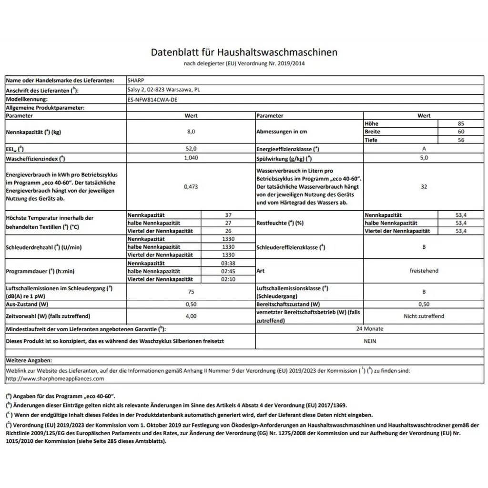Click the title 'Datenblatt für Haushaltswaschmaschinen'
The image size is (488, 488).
[x=244, y=52]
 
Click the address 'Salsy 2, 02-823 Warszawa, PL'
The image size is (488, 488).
[x=163, y=90]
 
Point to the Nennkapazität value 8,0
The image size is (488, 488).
[x=191, y=132]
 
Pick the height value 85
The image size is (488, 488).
[x=460, y=123]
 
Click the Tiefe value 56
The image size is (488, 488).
[x=460, y=140]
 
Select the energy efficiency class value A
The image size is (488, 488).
[x=424, y=149]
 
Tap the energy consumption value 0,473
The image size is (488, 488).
[x=191, y=187]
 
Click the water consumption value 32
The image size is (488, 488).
[x=424, y=187]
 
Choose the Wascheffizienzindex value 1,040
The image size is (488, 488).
[x=191, y=158]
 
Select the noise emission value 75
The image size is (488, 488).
[x=191, y=292]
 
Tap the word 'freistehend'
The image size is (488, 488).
[x=424, y=271]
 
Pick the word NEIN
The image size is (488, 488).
[x=369, y=341]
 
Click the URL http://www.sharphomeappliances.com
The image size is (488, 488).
[x=55, y=378]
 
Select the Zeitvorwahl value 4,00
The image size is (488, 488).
[x=191, y=316]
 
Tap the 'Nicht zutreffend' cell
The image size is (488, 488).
[x=424, y=316]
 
